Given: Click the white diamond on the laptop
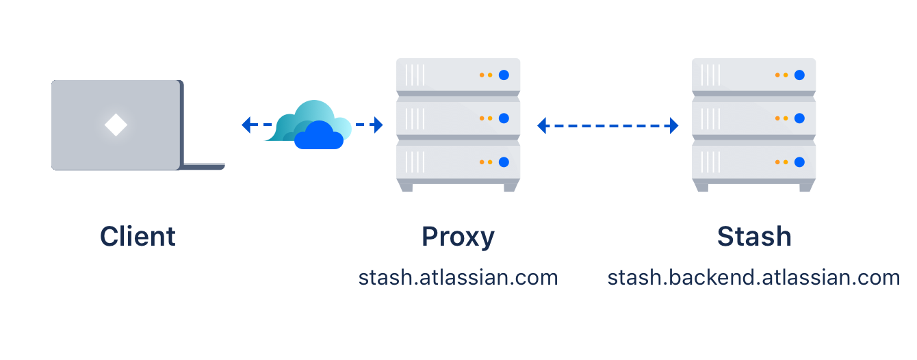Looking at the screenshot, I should point(116,125).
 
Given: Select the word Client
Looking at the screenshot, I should point(138,237).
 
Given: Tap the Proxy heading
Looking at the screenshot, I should point(458,237).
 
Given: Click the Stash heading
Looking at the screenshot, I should point(754,237).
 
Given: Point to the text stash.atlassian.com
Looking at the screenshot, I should point(458,278).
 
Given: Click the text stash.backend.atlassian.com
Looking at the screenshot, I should point(753,278).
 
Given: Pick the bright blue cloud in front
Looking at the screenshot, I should point(318,136).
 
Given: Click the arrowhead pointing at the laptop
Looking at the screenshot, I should point(247,125).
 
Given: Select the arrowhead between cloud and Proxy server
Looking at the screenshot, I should point(377,125).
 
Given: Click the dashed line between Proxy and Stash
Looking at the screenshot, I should point(608,126).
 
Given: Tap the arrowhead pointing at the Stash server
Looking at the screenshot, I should point(673,126).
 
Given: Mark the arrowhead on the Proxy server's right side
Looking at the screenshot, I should point(542,126).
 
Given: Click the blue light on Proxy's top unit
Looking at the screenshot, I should point(504,75).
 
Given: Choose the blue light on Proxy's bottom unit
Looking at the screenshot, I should point(504,162).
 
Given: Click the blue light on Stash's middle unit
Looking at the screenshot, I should point(800,118).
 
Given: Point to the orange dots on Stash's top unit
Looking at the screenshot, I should point(779,75).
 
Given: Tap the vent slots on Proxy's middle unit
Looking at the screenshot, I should point(415,118).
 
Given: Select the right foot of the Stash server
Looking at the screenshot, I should point(805,187).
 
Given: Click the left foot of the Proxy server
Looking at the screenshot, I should point(406,187).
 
